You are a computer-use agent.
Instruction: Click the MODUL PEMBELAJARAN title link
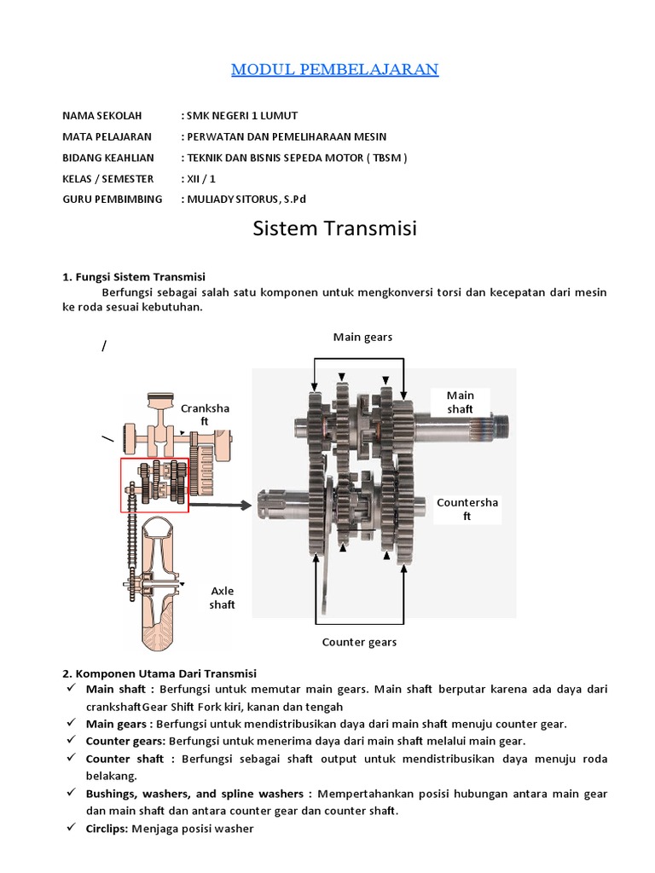(x=335, y=69)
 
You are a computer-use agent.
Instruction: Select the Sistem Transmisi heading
(x=335, y=229)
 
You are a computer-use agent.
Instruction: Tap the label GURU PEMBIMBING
(x=113, y=199)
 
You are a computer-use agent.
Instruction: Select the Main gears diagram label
(x=362, y=337)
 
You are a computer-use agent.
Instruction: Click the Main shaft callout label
(x=461, y=402)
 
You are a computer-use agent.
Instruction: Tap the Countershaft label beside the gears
(x=467, y=509)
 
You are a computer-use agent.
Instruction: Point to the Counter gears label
(x=358, y=641)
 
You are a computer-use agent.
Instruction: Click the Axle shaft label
(x=222, y=598)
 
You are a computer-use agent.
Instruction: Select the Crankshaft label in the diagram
(x=205, y=414)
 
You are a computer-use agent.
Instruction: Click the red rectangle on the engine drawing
(x=154, y=484)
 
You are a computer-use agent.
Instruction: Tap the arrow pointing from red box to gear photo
(x=220, y=505)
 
